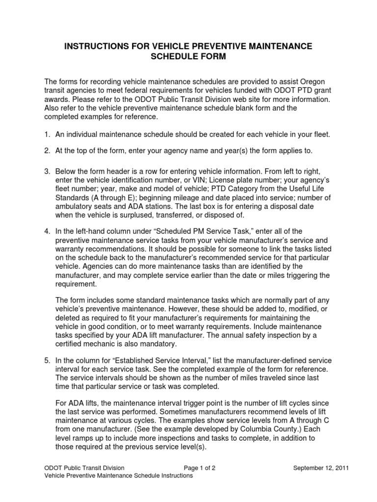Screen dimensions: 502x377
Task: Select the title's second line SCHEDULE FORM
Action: [x=188, y=57]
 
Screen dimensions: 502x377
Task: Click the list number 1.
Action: [x=47, y=135]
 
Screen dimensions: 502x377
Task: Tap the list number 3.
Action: [x=47, y=171]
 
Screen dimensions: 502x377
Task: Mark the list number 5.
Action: [x=47, y=360]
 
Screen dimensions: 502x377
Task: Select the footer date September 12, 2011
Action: [x=321, y=468]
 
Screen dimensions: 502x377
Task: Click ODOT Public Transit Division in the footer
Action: [x=84, y=468]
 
